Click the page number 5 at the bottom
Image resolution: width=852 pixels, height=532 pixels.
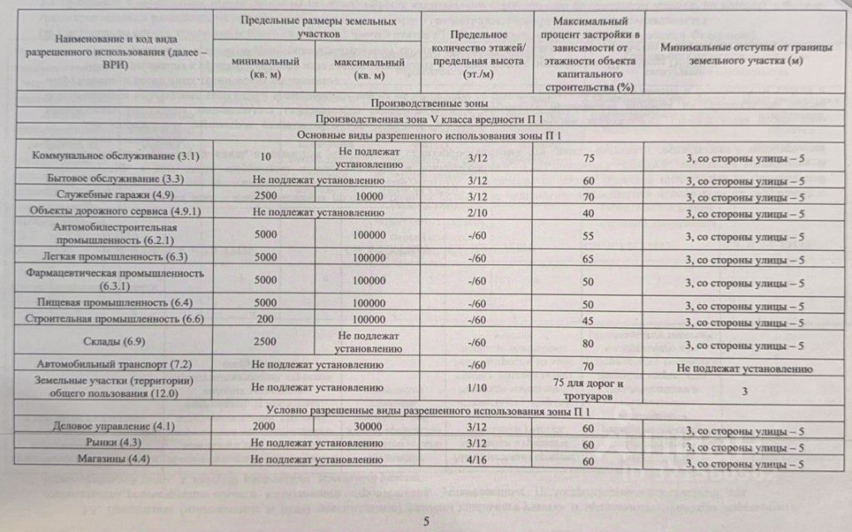(425, 521)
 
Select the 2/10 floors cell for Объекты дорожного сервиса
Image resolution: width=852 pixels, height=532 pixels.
(477, 212)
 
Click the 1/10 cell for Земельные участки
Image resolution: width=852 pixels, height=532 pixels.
(477, 386)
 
